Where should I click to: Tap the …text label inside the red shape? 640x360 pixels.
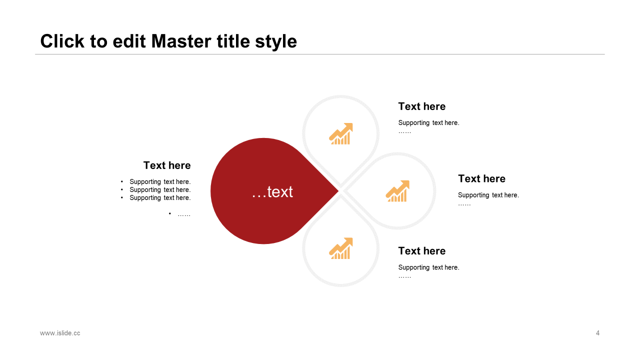pos(272,191)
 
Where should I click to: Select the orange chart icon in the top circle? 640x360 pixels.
pos(341,134)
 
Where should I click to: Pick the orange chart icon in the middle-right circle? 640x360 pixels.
pos(397,191)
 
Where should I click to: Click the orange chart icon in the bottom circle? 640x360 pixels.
pos(341,248)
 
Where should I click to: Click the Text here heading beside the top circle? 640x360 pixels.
pos(421,106)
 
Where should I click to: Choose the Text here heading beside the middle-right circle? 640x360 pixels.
pos(481,178)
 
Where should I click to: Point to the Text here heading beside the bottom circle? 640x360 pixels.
pos(421,251)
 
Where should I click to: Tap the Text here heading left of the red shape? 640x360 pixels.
pos(167,165)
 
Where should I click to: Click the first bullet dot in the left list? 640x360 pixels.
pos(122,182)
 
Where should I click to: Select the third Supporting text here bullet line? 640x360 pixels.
pos(160,198)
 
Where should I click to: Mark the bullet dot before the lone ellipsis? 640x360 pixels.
pos(170,214)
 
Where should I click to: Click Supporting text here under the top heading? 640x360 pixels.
pos(428,123)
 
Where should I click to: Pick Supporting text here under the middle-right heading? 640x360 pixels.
pos(488,195)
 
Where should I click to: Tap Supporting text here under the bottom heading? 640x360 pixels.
pos(428,267)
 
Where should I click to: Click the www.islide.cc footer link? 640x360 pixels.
pos(60,333)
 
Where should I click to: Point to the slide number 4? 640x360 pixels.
pos(597,333)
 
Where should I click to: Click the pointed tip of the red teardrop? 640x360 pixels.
pos(337,190)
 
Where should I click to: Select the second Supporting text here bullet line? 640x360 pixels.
pos(160,190)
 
